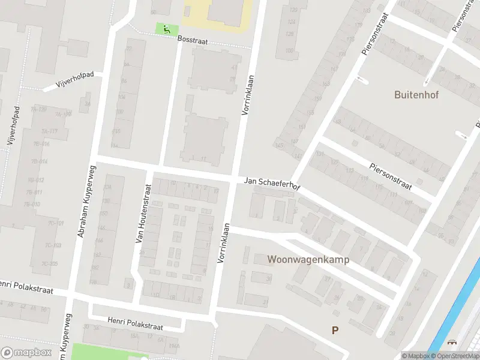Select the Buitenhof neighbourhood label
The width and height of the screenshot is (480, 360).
(414, 94)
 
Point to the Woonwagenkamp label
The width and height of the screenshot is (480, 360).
(308, 260)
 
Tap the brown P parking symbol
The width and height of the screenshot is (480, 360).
(335, 330)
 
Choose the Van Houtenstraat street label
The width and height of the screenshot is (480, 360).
(143, 214)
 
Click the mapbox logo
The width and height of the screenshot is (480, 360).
(26, 353)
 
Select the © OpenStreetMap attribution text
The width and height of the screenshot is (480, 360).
(454, 356)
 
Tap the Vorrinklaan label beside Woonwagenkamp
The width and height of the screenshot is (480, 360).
(224, 243)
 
